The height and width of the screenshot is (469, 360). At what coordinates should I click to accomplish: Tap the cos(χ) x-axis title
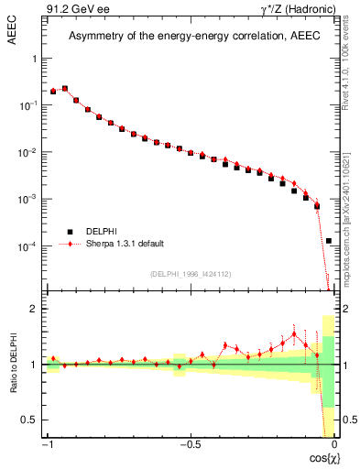(319, 456)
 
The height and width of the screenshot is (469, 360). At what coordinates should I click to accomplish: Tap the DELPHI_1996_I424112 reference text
(189, 274)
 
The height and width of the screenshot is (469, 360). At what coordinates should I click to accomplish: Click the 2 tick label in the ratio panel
(36, 309)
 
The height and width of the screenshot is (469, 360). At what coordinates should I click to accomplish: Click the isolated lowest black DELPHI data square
(328, 241)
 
